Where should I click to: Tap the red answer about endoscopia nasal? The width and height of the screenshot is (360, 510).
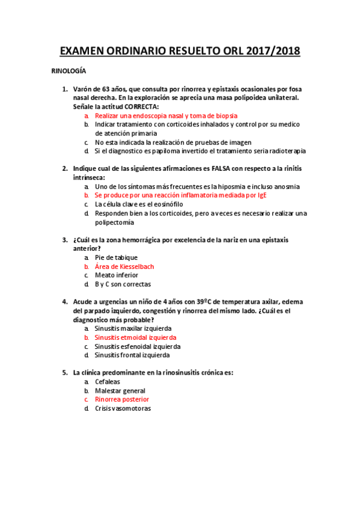[166, 115]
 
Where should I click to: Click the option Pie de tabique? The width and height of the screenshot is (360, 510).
[116, 257]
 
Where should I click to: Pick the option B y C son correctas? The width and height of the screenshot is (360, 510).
[123, 284]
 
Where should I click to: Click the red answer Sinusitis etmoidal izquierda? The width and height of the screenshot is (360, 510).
[135, 337]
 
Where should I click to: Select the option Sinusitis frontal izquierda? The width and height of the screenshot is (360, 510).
[133, 355]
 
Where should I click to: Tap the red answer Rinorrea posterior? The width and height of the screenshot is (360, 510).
[122, 399]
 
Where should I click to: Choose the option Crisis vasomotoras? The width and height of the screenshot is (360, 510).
[123, 408]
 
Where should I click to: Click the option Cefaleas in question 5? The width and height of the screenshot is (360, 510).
[108, 381]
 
